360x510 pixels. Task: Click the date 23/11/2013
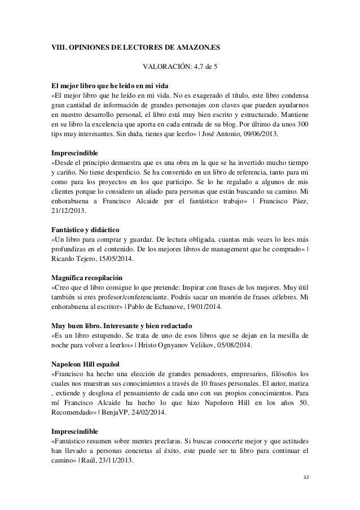[x=112, y=459]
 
